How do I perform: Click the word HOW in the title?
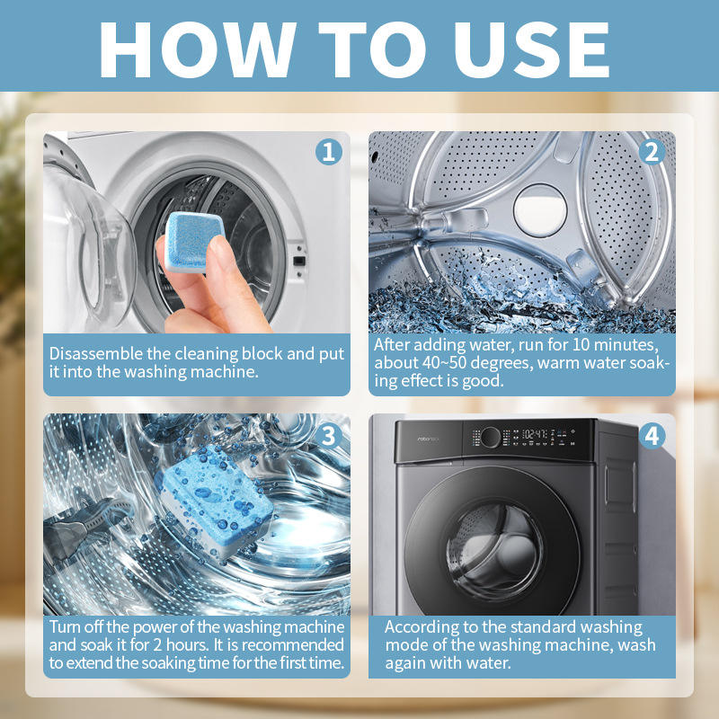198,49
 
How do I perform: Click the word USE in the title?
531,49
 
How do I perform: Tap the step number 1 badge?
329,152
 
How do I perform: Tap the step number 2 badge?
652,152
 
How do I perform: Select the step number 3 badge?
329,435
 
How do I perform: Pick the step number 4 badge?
652,435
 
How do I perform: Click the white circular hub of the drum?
540,210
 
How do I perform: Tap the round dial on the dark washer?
490,437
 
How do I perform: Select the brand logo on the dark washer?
428,439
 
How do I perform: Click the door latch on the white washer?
299,261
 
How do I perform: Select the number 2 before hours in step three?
157,644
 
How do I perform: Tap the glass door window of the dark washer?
495,550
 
